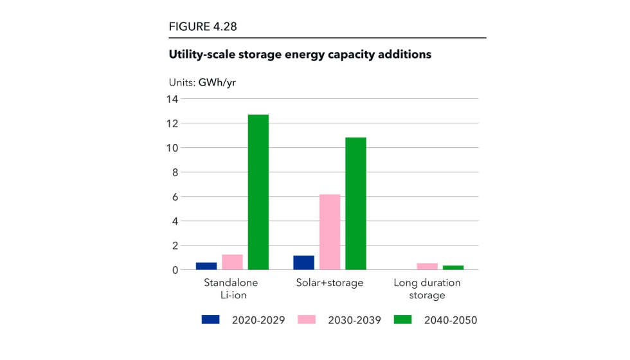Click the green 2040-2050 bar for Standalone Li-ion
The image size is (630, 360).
[258, 192]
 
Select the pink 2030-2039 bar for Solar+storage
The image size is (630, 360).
[330, 232]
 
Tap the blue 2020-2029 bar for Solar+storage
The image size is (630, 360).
[303, 262]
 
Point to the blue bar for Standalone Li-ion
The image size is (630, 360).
[206, 266]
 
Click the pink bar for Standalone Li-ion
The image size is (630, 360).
[232, 262]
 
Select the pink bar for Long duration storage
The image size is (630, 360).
[428, 266]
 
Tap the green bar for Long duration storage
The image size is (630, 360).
[453, 267]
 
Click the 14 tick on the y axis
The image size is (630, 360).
[171, 99]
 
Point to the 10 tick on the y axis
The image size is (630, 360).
[171, 148]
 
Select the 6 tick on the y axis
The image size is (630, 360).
[174, 197]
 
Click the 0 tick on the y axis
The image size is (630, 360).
[174, 270]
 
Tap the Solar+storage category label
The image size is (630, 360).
[330, 283]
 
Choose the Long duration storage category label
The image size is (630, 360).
[427, 289]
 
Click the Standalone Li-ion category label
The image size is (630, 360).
[231, 289]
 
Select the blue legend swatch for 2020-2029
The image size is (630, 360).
[210, 319]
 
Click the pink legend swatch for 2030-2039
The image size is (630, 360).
[307, 319]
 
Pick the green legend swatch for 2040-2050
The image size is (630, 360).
[403, 319]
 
